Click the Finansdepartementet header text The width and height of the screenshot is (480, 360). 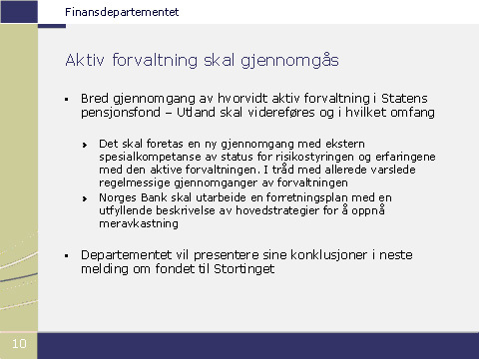click(x=122, y=12)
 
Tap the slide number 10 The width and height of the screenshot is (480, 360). click(x=19, y=343)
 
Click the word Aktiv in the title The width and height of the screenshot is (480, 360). click(x=85, y=60)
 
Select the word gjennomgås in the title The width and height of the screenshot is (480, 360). click(x=289, y=61)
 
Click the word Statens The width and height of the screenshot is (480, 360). click(x=404, y=99)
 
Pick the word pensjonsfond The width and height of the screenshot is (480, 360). click(x=121, y=113)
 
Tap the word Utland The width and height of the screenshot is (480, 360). click(x=196, y=112)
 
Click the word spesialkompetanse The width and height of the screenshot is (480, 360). click(x=156, y=157)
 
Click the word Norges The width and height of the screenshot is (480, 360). click(x=118, y=197)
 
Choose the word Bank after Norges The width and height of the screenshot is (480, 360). click(x=154, y=197)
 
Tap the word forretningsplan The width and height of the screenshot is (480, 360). click(x=307, y=197)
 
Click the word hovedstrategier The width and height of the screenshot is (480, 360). click(x=277, y=210)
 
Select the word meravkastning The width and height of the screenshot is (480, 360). click(x=139, y=223)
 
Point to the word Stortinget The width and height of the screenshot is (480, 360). click(x=244, y=269)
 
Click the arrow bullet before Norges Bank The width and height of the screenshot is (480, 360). click(x=85, y=198)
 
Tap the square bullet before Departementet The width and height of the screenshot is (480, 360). click(x=67, y=255)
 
